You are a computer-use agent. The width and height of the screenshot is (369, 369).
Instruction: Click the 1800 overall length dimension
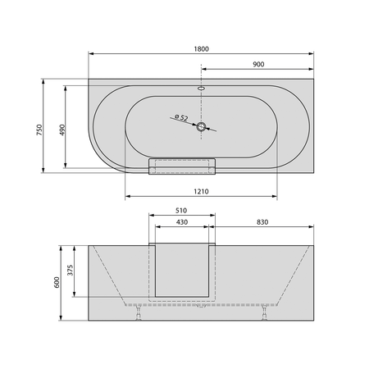[200, 49]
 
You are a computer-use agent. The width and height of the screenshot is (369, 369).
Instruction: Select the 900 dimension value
[257, 63]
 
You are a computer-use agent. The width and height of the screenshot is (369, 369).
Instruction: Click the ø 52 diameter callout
[181, 118]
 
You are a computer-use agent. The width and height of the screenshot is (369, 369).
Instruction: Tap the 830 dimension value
[263, 222]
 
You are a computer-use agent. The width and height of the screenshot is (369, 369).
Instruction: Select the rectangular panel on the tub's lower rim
[181, 166]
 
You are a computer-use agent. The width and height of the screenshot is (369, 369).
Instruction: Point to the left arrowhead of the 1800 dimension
[89, 55]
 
